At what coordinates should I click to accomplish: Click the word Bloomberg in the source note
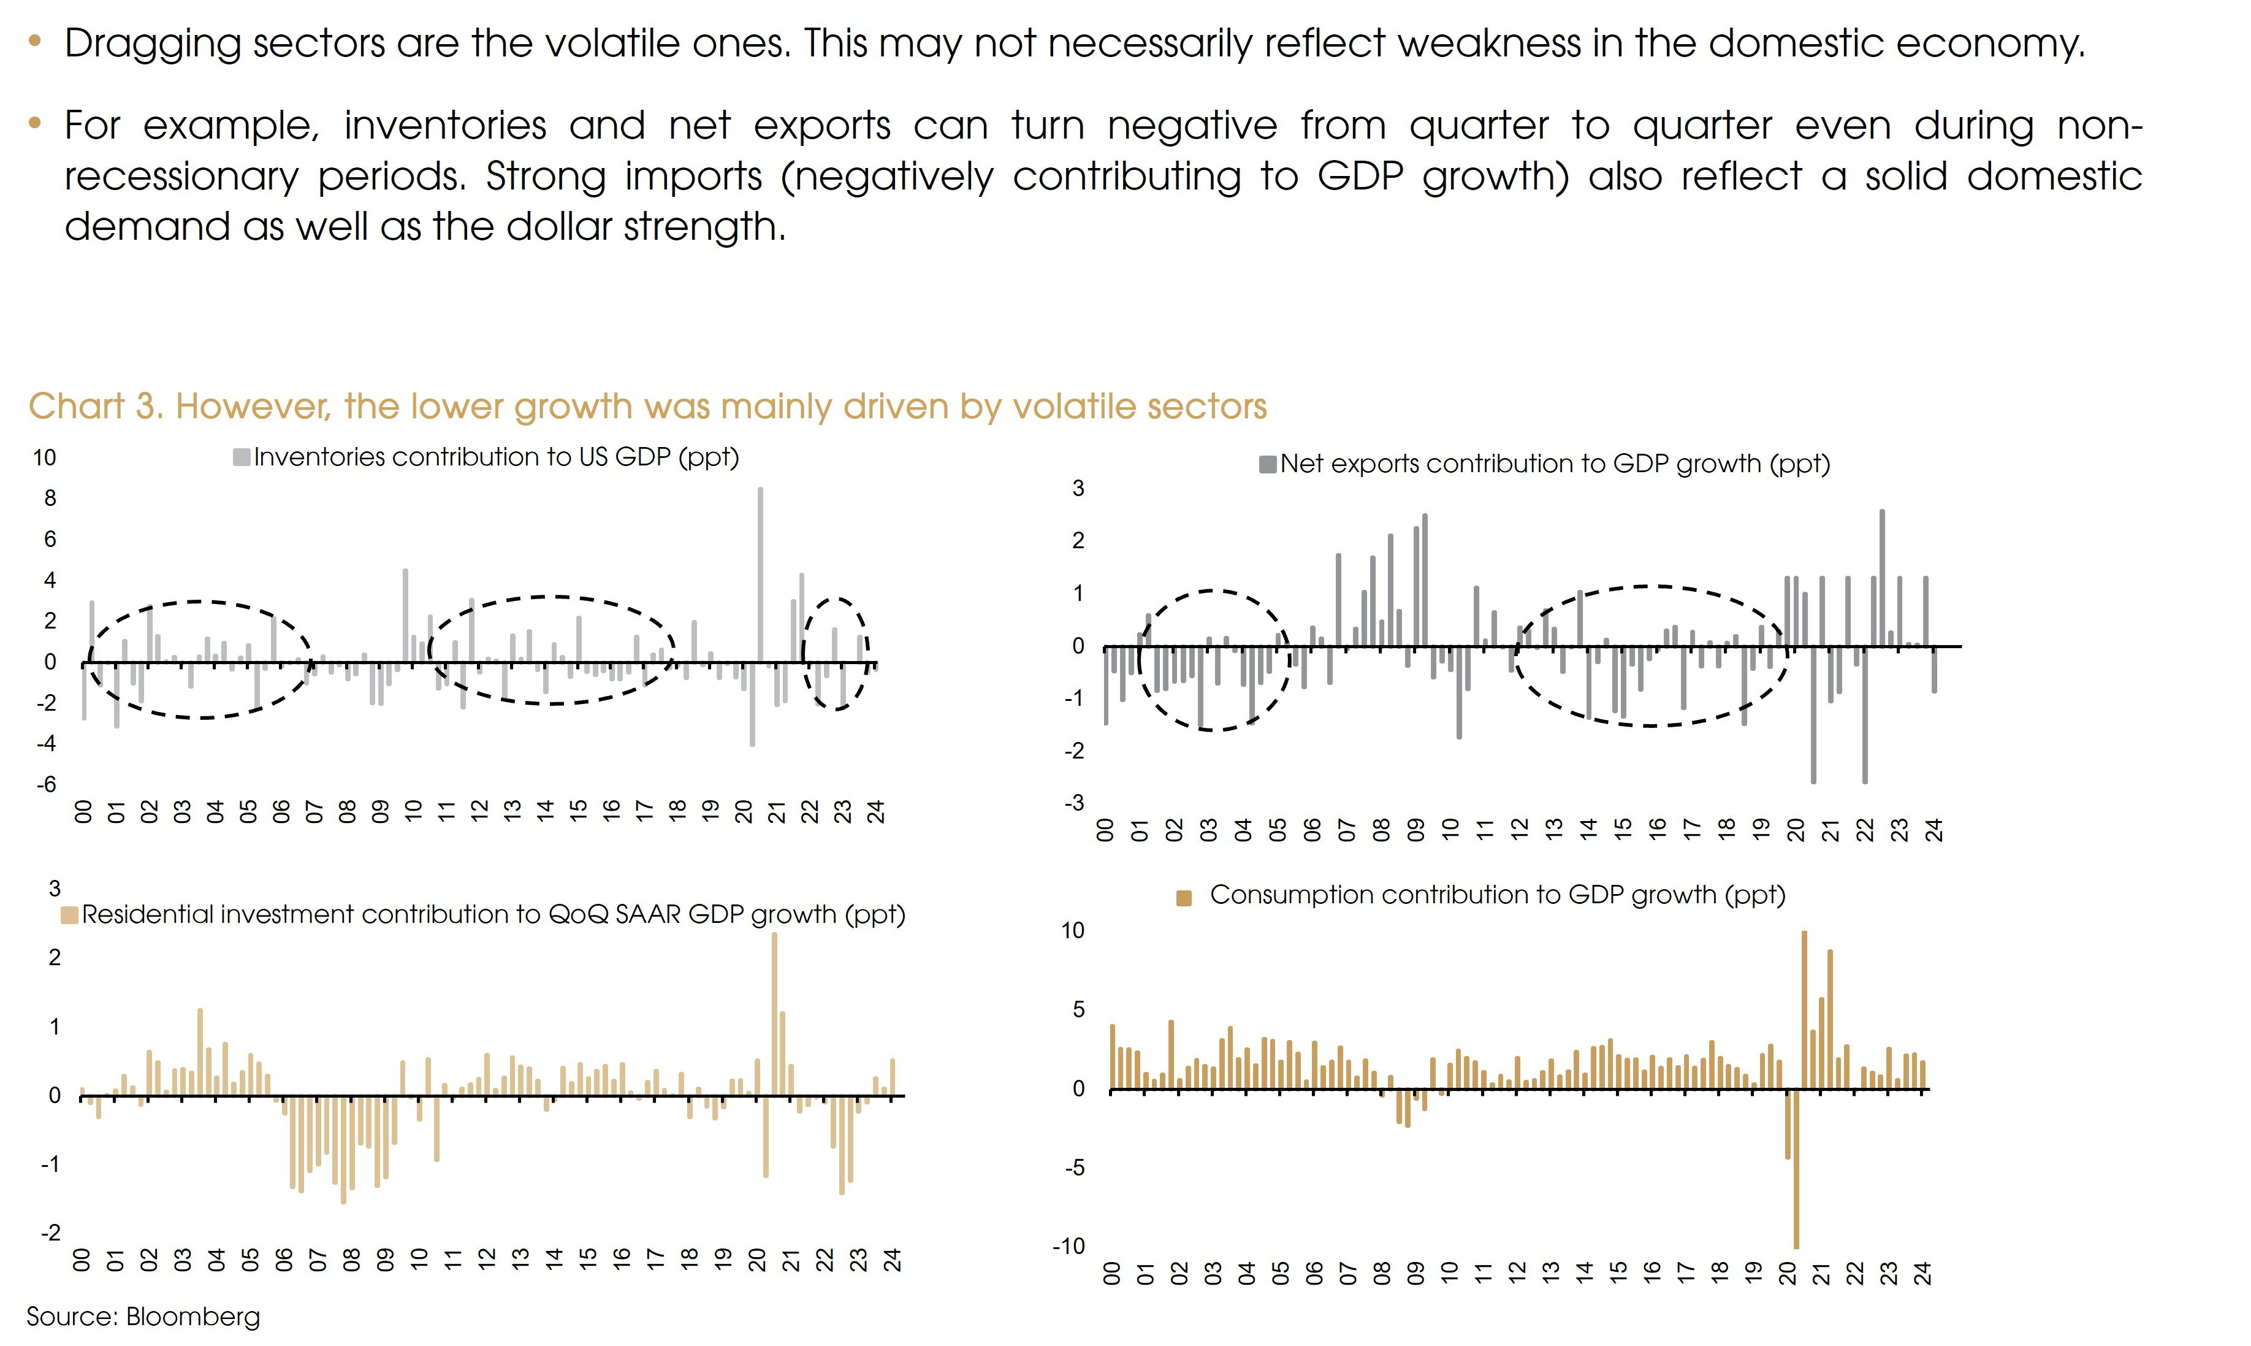[x=193, y=1316]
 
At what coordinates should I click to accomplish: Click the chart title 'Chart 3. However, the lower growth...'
[x=647, y=407]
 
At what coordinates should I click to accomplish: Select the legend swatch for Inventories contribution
[x=241, y=457]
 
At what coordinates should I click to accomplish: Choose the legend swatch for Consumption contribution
[x=1183, y=898]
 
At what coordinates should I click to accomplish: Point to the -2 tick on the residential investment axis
[x=51, y=1233]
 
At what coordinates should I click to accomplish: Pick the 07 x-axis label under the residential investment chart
[x=318, y=1259]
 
